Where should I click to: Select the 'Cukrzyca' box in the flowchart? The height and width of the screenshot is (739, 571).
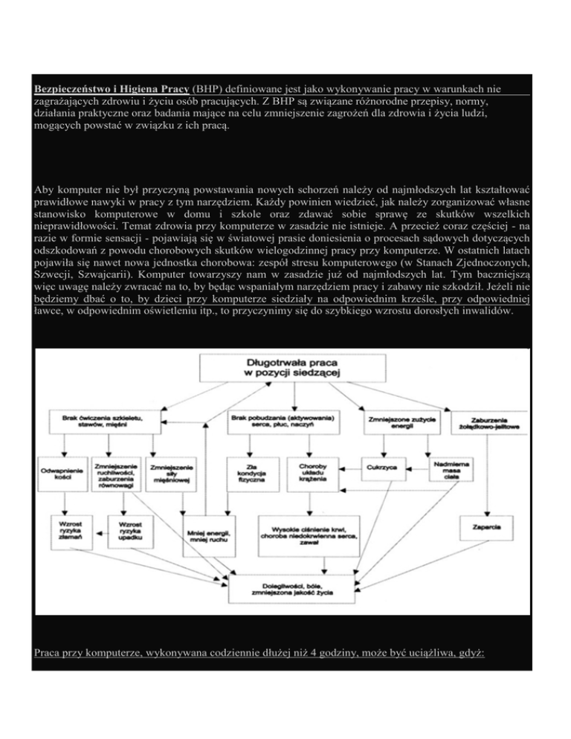(381, 466)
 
